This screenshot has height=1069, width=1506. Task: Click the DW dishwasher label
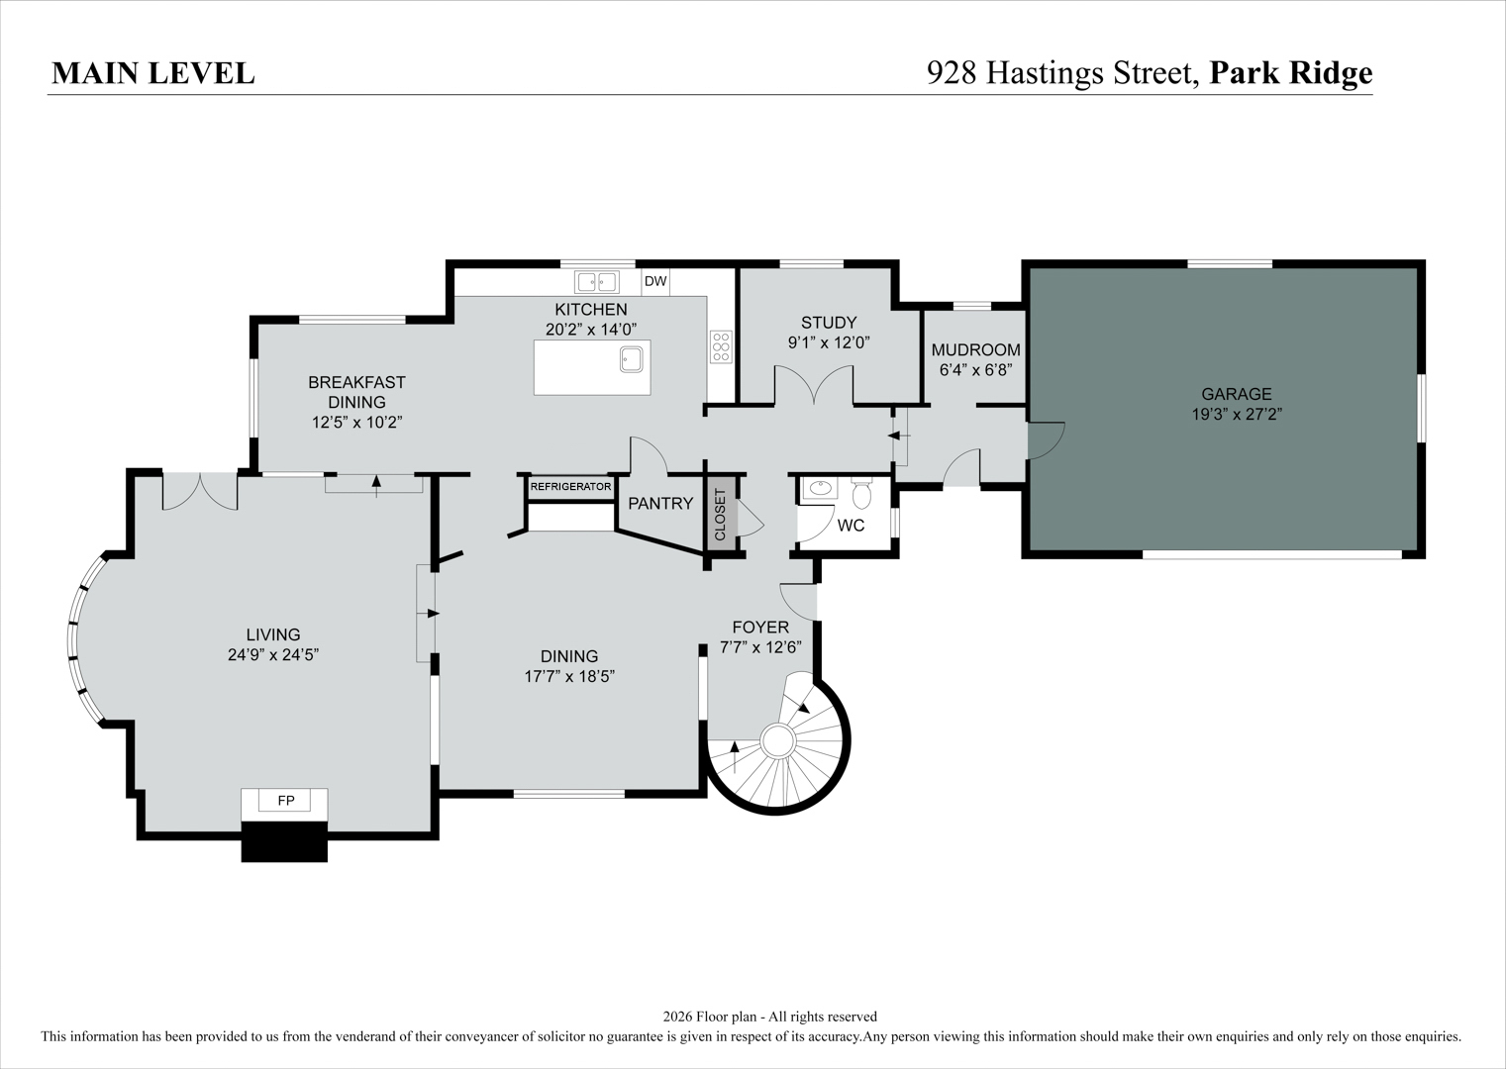pos(655,281)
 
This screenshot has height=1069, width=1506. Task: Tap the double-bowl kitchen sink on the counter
pos(597,281)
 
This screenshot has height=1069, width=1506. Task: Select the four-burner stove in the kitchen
pos(721,347)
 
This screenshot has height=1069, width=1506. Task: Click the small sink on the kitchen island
pos(632,359)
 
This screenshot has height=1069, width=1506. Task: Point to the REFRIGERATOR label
pos(570,486)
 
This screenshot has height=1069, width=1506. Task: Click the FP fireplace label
pos(286,800)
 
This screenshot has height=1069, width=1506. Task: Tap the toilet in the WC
pos(861,494)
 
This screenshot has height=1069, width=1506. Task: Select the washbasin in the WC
pos(820,488)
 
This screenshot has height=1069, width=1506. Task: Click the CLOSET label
pos(720,515)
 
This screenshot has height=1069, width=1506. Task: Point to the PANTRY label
pos(660,503)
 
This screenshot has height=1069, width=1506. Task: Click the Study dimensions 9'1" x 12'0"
pos(829,342)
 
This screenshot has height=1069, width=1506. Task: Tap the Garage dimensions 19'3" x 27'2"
pos(1237,414)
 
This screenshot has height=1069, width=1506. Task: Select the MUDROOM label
pos(975,350)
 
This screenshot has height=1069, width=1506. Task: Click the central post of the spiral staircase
pos(778,741)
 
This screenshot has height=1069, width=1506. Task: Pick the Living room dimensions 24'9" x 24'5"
pos(273,654)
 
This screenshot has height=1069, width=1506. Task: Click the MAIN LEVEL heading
pos(153,73)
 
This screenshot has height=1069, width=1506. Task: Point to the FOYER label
pos(760,628)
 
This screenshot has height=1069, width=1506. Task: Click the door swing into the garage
pos(1047,440)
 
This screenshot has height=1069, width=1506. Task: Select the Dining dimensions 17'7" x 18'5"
pos(569,676)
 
